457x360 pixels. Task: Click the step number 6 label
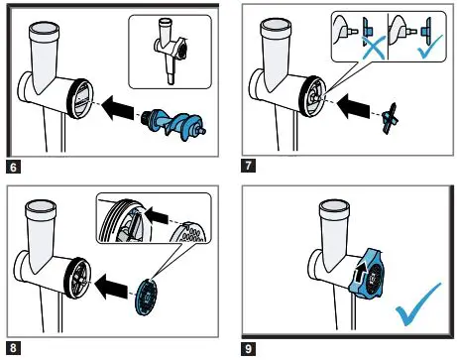(13, 167)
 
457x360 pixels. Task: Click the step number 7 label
(248, 166)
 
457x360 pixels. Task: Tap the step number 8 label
(13, 348)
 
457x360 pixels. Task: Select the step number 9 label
(249, 348)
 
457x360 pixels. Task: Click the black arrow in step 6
(118, 108)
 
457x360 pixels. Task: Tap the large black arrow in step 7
(353, 106)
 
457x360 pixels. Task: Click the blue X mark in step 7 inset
(374, 48)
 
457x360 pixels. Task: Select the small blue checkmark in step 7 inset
(429, 48)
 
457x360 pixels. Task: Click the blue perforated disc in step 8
(146, 297)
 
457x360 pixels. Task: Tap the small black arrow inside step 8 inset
(157, 214)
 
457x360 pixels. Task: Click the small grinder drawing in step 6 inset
(170, 52)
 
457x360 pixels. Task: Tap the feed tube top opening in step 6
(44, 28)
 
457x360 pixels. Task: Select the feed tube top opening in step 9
(334, 206)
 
